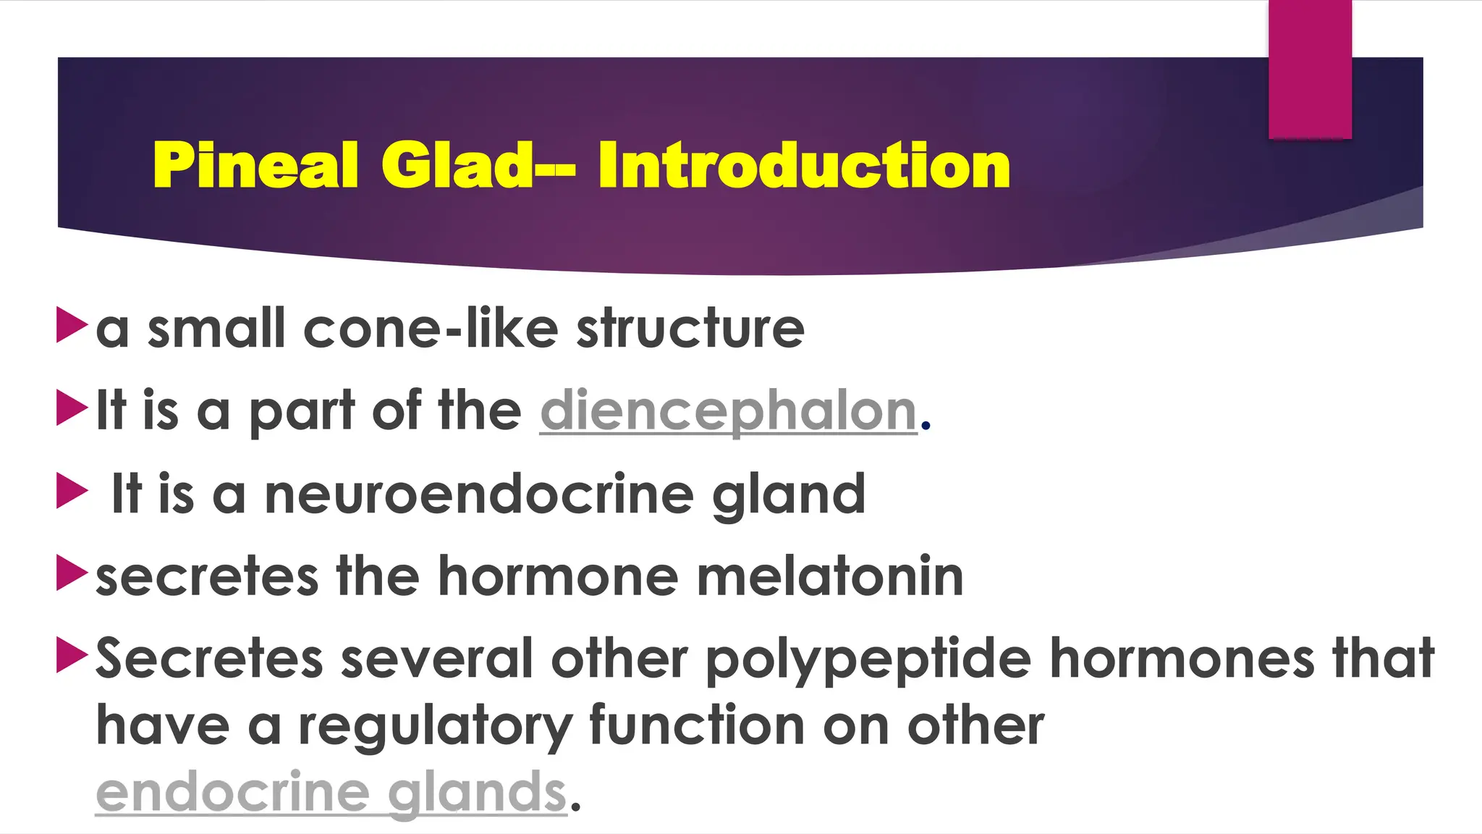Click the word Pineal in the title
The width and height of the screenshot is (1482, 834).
(x=255, y=166)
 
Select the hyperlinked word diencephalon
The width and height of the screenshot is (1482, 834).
(x=729, y=411)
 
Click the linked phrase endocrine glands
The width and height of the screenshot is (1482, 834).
(x=331, y=792)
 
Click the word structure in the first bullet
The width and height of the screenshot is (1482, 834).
(x=690, y=329)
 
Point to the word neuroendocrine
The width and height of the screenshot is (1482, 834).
(x=478, y=494)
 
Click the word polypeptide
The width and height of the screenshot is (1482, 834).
(x=868, y=660)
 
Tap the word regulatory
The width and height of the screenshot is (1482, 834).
(x=435, y=726)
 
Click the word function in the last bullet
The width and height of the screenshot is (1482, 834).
(x=696, y=726)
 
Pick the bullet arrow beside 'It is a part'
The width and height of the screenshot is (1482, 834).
(x=71, y=408)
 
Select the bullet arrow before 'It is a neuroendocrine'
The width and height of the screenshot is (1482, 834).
(x=71, y=491)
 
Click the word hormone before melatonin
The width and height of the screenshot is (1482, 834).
(x=558, y=577)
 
